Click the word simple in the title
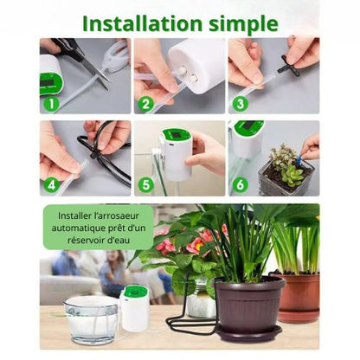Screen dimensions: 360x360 pos(244,24)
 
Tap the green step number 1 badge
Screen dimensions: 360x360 pos(51,104)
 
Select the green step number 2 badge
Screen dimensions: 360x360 pos(146,104)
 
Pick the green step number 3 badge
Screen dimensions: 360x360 pos(241,104)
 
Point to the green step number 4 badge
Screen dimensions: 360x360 pos(51,185)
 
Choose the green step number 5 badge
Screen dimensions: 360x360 pos(146,185)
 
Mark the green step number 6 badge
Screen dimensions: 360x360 pos(241,185)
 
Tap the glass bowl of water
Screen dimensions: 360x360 pos(92,319)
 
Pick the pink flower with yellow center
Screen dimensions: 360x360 pos(196,245)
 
